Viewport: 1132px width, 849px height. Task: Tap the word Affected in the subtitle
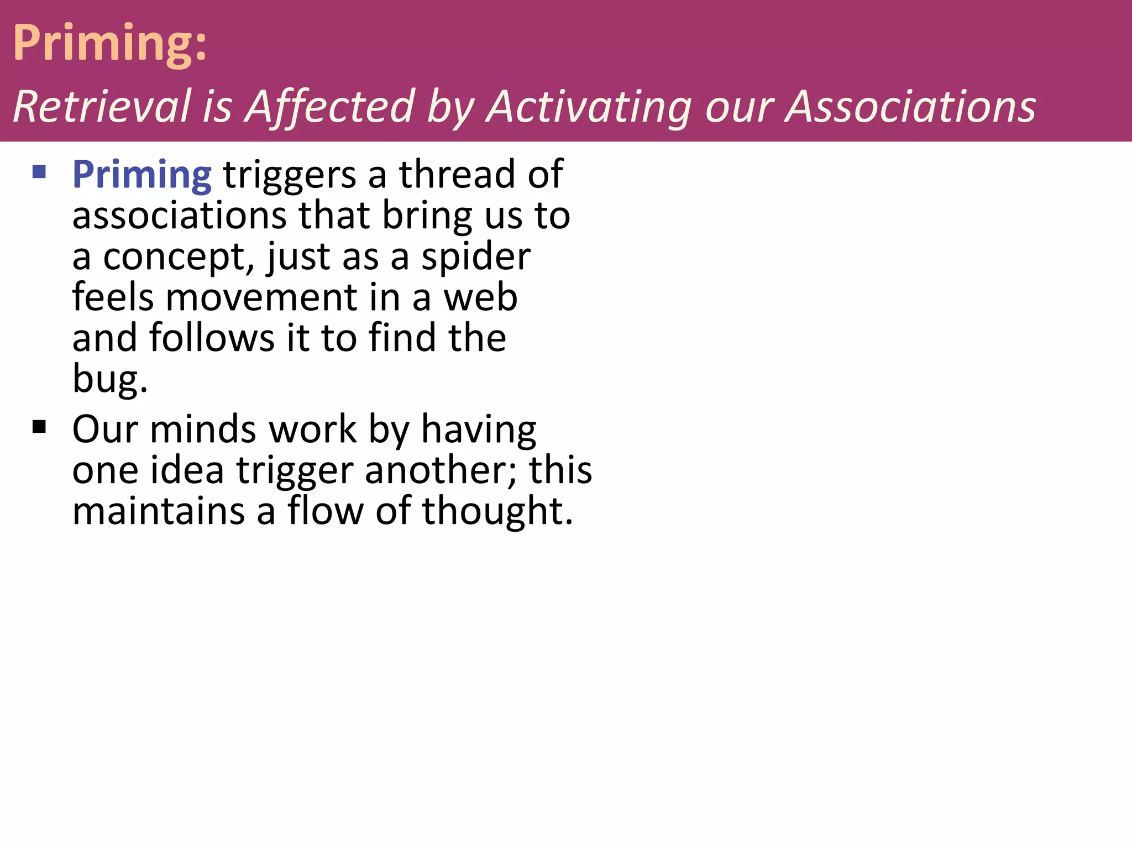point(330,106)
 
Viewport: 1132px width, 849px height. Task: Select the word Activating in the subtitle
point(590,106)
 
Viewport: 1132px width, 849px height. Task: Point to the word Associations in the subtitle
point(910,106)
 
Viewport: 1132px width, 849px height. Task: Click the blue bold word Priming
point(141,175)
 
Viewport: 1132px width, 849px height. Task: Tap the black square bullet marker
point(39,427)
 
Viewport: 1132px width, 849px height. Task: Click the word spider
point(476,258)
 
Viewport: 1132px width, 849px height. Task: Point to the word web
point(481,298)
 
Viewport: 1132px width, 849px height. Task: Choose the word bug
point(109,380)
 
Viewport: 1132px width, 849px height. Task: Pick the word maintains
point(159,511)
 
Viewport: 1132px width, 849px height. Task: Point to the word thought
point(497,511)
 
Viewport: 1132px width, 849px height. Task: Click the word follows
point(212,338)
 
